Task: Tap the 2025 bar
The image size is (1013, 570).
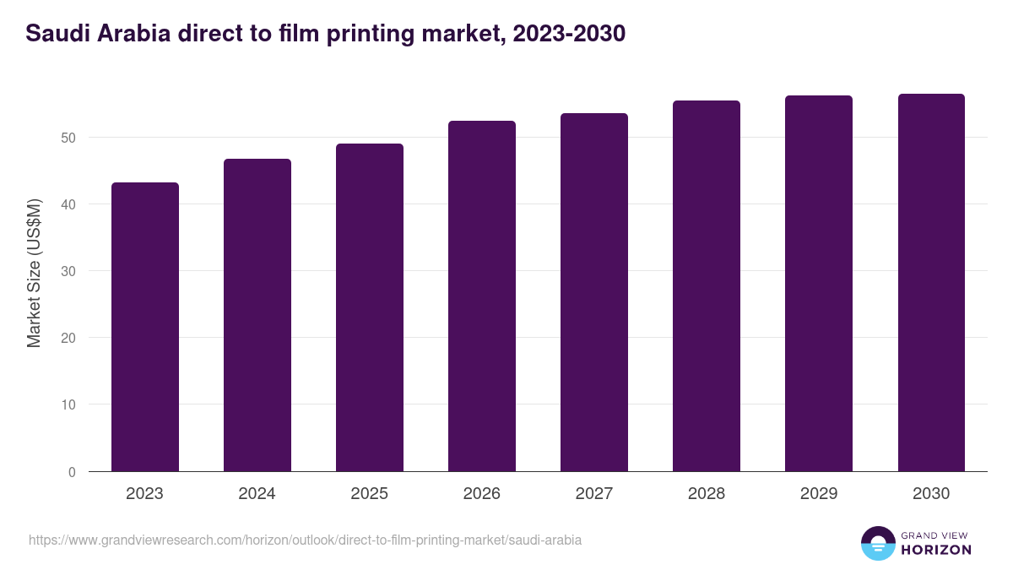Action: (369, 307)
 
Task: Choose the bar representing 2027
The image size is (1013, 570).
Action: (593, 292)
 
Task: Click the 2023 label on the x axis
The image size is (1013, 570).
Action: (144, 494)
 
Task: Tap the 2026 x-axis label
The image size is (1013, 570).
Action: (481, 494)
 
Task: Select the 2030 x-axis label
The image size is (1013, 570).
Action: (930, 494)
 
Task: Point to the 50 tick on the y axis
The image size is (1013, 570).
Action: (68, 138)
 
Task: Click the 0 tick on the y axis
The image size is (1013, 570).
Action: (72, 472)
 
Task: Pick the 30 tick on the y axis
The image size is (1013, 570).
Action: (68, 271)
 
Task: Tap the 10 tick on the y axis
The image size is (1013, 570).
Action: (68, 404)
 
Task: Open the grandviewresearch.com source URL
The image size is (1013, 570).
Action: (305, 540)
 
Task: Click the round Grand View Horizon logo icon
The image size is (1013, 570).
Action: (877, 543)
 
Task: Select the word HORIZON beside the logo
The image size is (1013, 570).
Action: (936, 550)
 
